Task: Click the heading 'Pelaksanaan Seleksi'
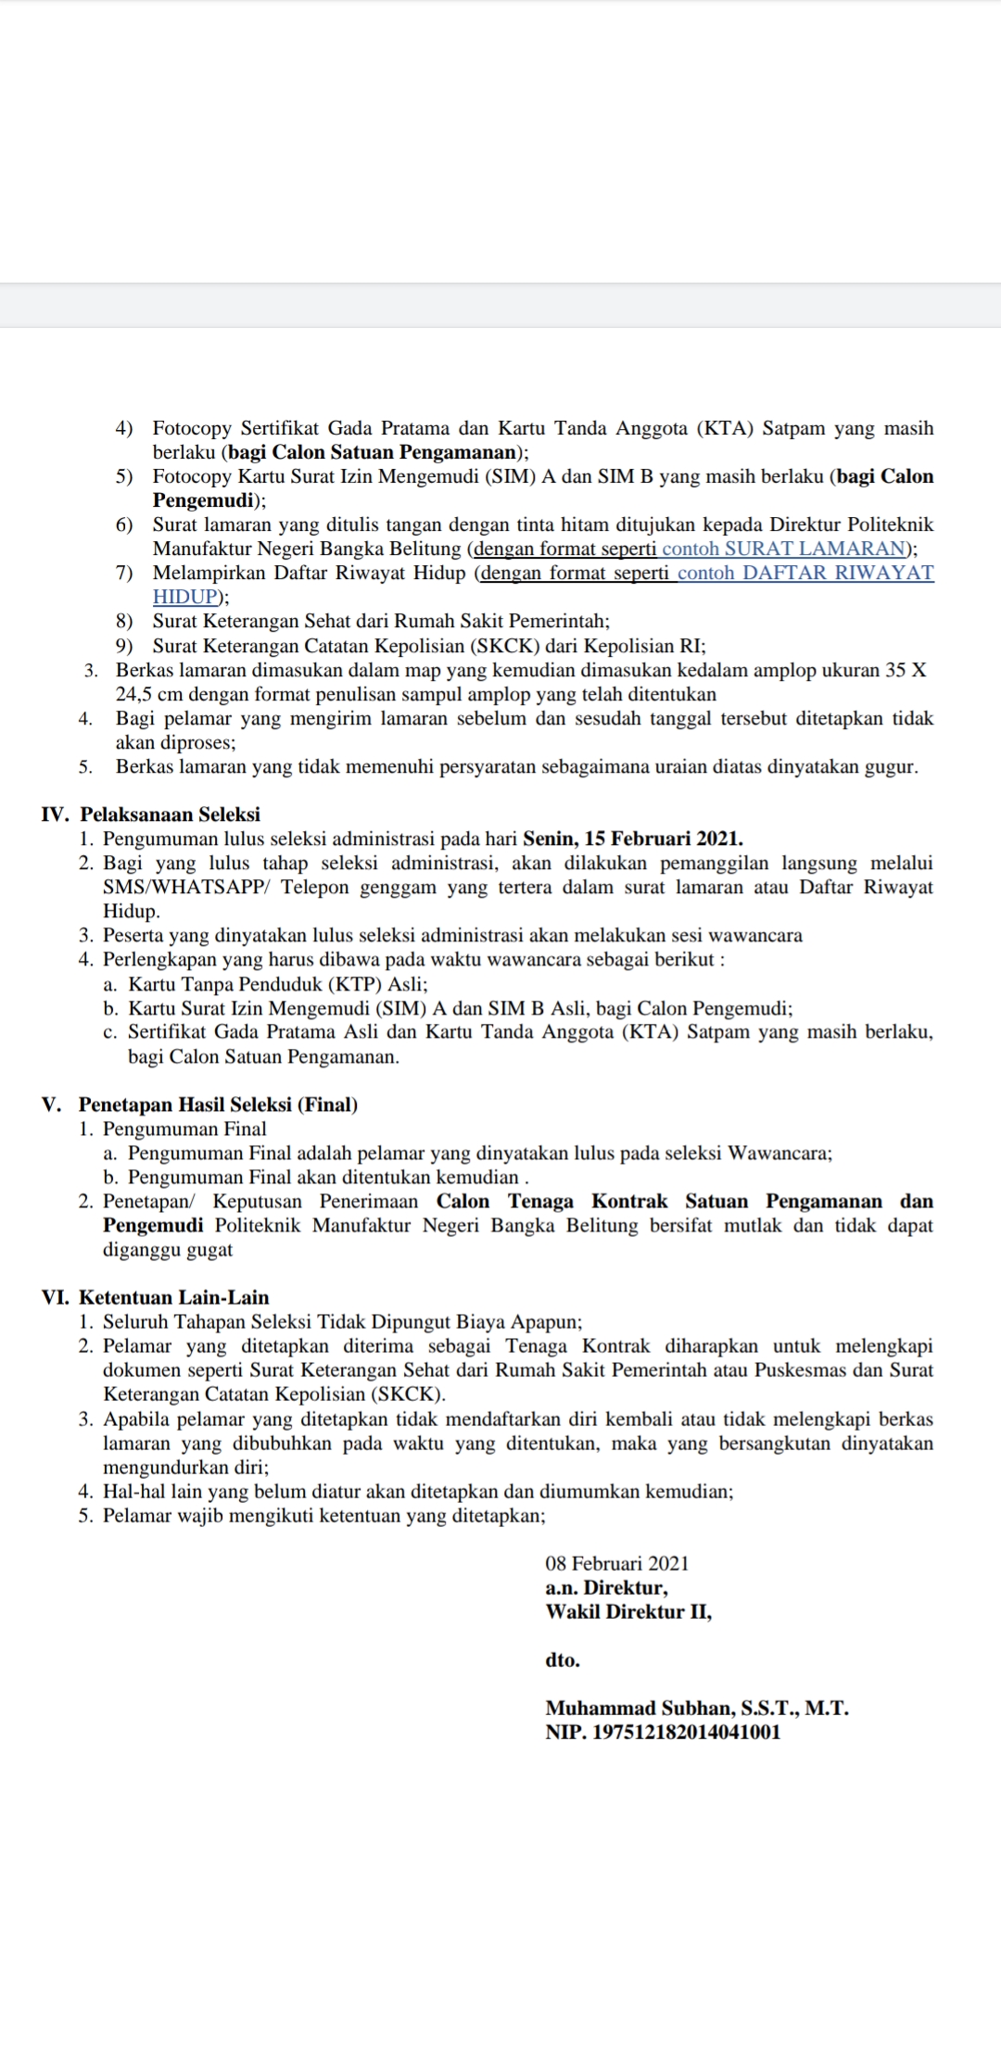(170, 814)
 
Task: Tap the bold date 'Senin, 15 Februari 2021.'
(633, 839)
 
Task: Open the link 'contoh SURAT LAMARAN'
(783, 549)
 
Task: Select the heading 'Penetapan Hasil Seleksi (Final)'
(218, 1104)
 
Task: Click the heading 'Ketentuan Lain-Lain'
(173, 1297)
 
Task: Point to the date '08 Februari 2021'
(617, 1563)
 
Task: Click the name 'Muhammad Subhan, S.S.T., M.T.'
(697, 1708)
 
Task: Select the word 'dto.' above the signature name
(563, 1659)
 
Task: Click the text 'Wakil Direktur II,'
(628, 1611)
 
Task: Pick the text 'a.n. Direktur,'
(606, 1587)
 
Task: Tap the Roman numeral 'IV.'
(55, 814)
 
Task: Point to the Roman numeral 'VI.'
(55, 1297)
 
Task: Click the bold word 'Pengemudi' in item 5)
(203, 500)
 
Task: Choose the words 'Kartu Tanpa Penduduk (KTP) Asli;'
(277, 984)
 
